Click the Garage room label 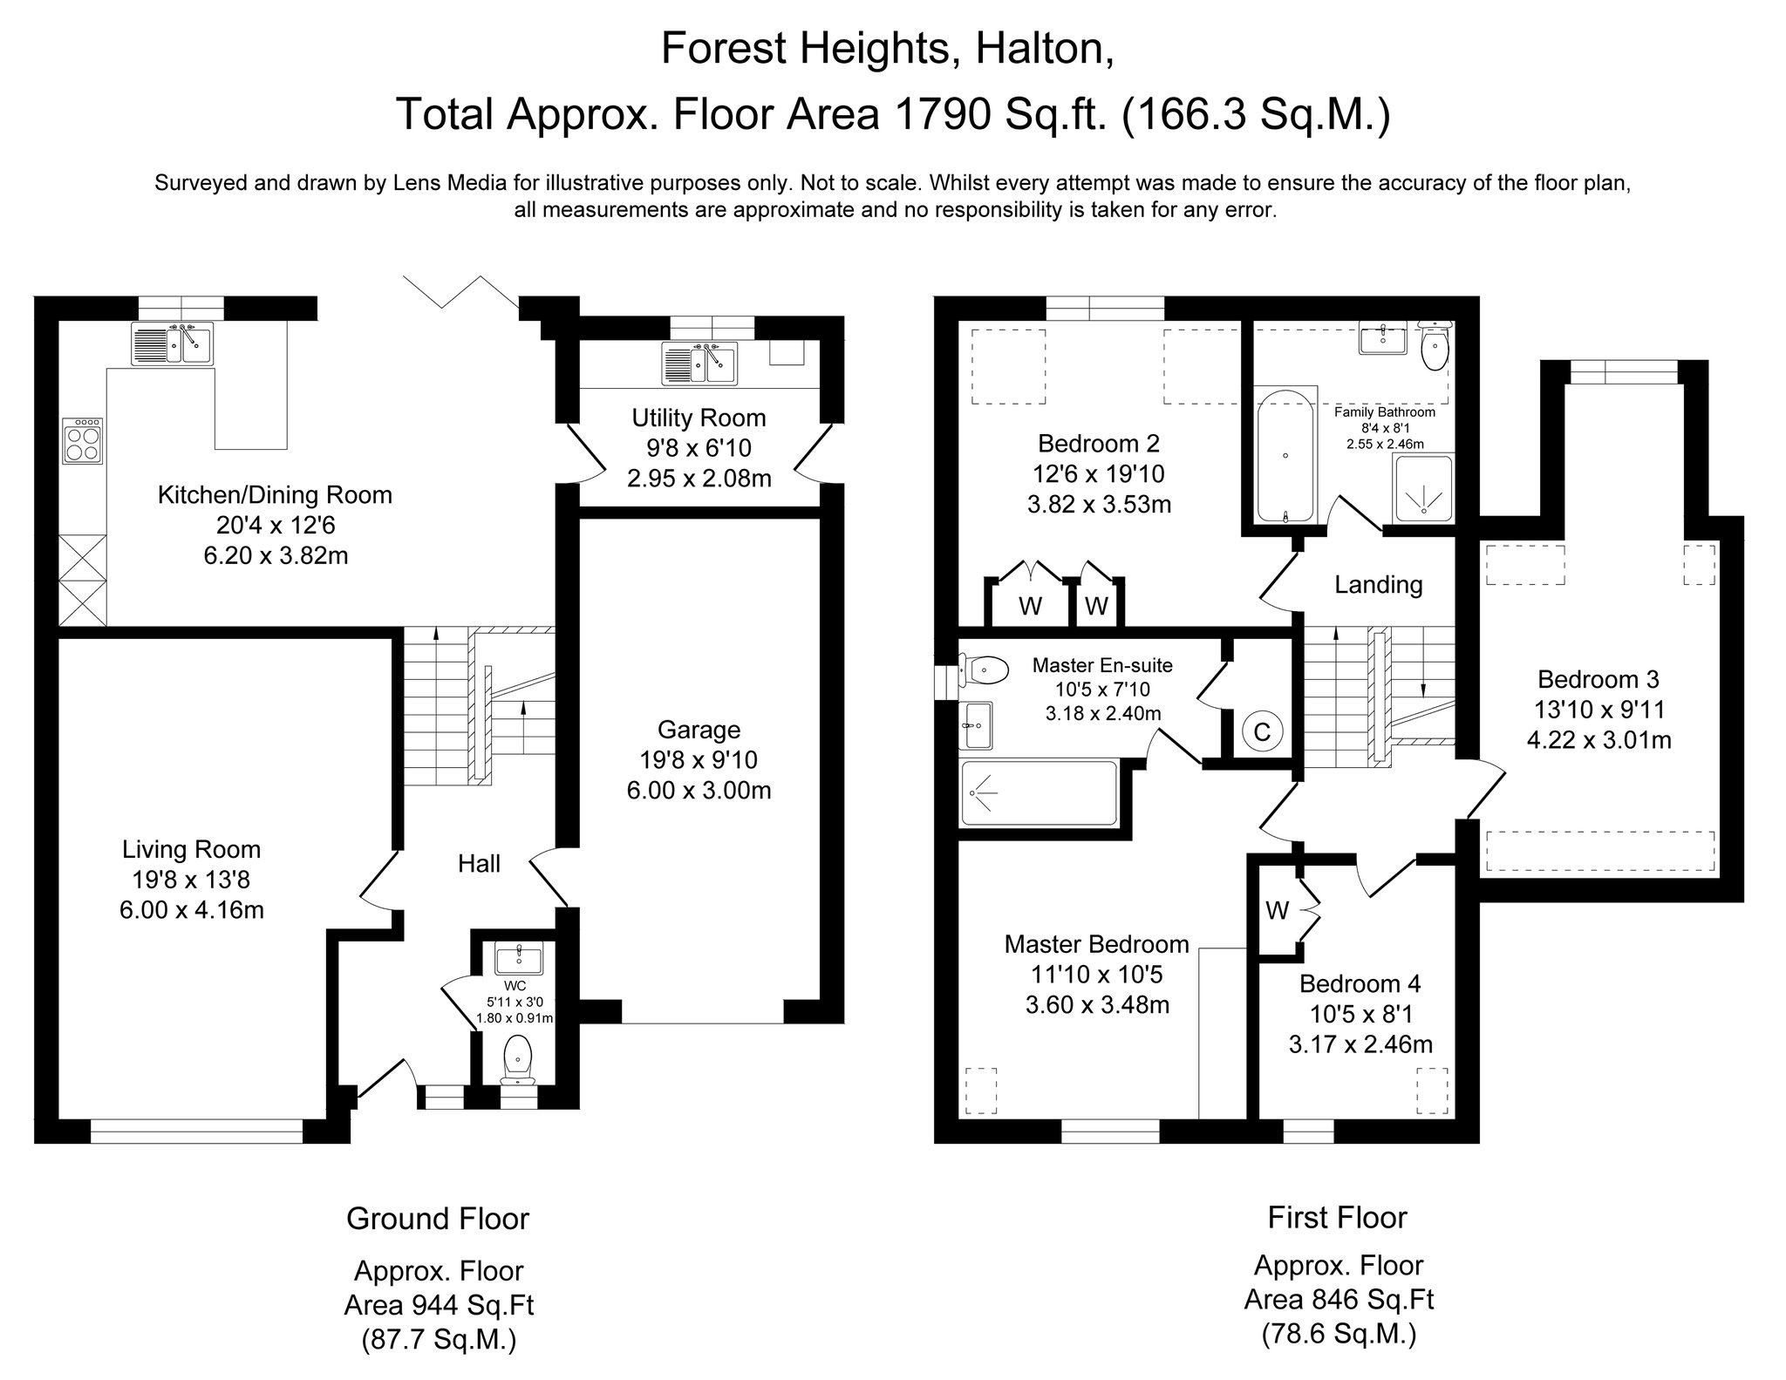(x=699, y=730)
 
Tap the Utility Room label (x=699, y=418)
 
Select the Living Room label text (x=191, y=849)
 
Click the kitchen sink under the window (x=172, y=343)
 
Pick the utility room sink (x=699, y=363)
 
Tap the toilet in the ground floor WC (x=517, y=1060)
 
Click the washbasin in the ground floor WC (x=518, y=959)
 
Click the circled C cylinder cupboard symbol (x=1262, y=731)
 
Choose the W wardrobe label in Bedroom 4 (x=1278, y=911)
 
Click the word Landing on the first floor (x=1378, y=584)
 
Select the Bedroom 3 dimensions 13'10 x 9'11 (x=1599, y=710)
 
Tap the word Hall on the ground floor (x=479, y=863)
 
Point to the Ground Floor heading (x=438, y=1218)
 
